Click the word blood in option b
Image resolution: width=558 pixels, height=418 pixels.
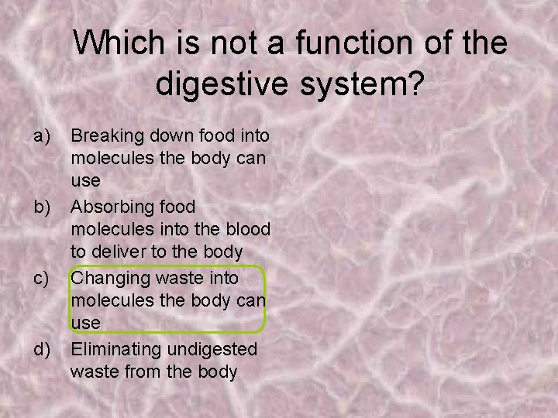(250, 229)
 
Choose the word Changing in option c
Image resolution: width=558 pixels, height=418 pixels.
(105, 277)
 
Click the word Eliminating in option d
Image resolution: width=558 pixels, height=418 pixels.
(109, 349)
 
